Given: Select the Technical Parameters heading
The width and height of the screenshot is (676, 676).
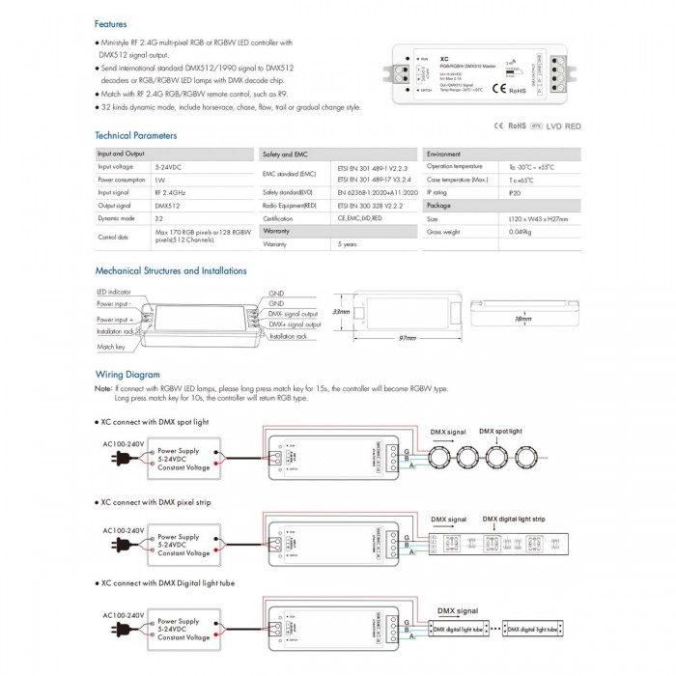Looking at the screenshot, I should pos(136,136).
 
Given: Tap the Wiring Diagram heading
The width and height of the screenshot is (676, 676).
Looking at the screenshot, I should pos(127,374).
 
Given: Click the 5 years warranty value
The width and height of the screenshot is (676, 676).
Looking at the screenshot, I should pos(348,244).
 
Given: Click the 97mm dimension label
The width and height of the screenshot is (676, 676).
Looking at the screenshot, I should pos(407,339).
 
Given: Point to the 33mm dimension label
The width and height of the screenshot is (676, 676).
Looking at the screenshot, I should pos(340,312).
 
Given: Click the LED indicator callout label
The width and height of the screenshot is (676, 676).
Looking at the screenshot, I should pos(115,291).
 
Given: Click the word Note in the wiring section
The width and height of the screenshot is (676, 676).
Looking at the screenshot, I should pos(103,389).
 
